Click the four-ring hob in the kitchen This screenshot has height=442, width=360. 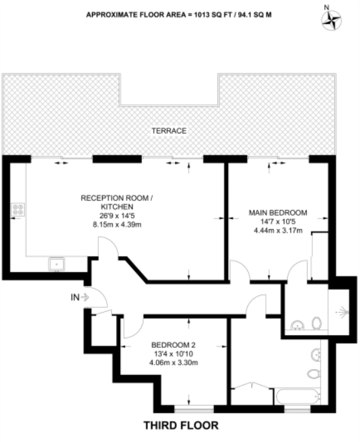pos(18,211)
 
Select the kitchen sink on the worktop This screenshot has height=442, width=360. pos(57,264)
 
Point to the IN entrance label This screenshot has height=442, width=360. pos(75,297)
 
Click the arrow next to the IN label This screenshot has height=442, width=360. pos(86,297)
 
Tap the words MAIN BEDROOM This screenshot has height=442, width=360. pos(278,212)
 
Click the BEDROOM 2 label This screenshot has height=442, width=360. pos(173,345)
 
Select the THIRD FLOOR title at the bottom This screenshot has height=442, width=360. pos(180,425)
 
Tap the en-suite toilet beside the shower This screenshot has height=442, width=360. pos(317,323)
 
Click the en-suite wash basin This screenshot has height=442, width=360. pos(297,325)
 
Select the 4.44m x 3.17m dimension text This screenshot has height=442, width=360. pos(278,231)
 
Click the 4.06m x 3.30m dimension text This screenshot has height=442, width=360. pos(173,364)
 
